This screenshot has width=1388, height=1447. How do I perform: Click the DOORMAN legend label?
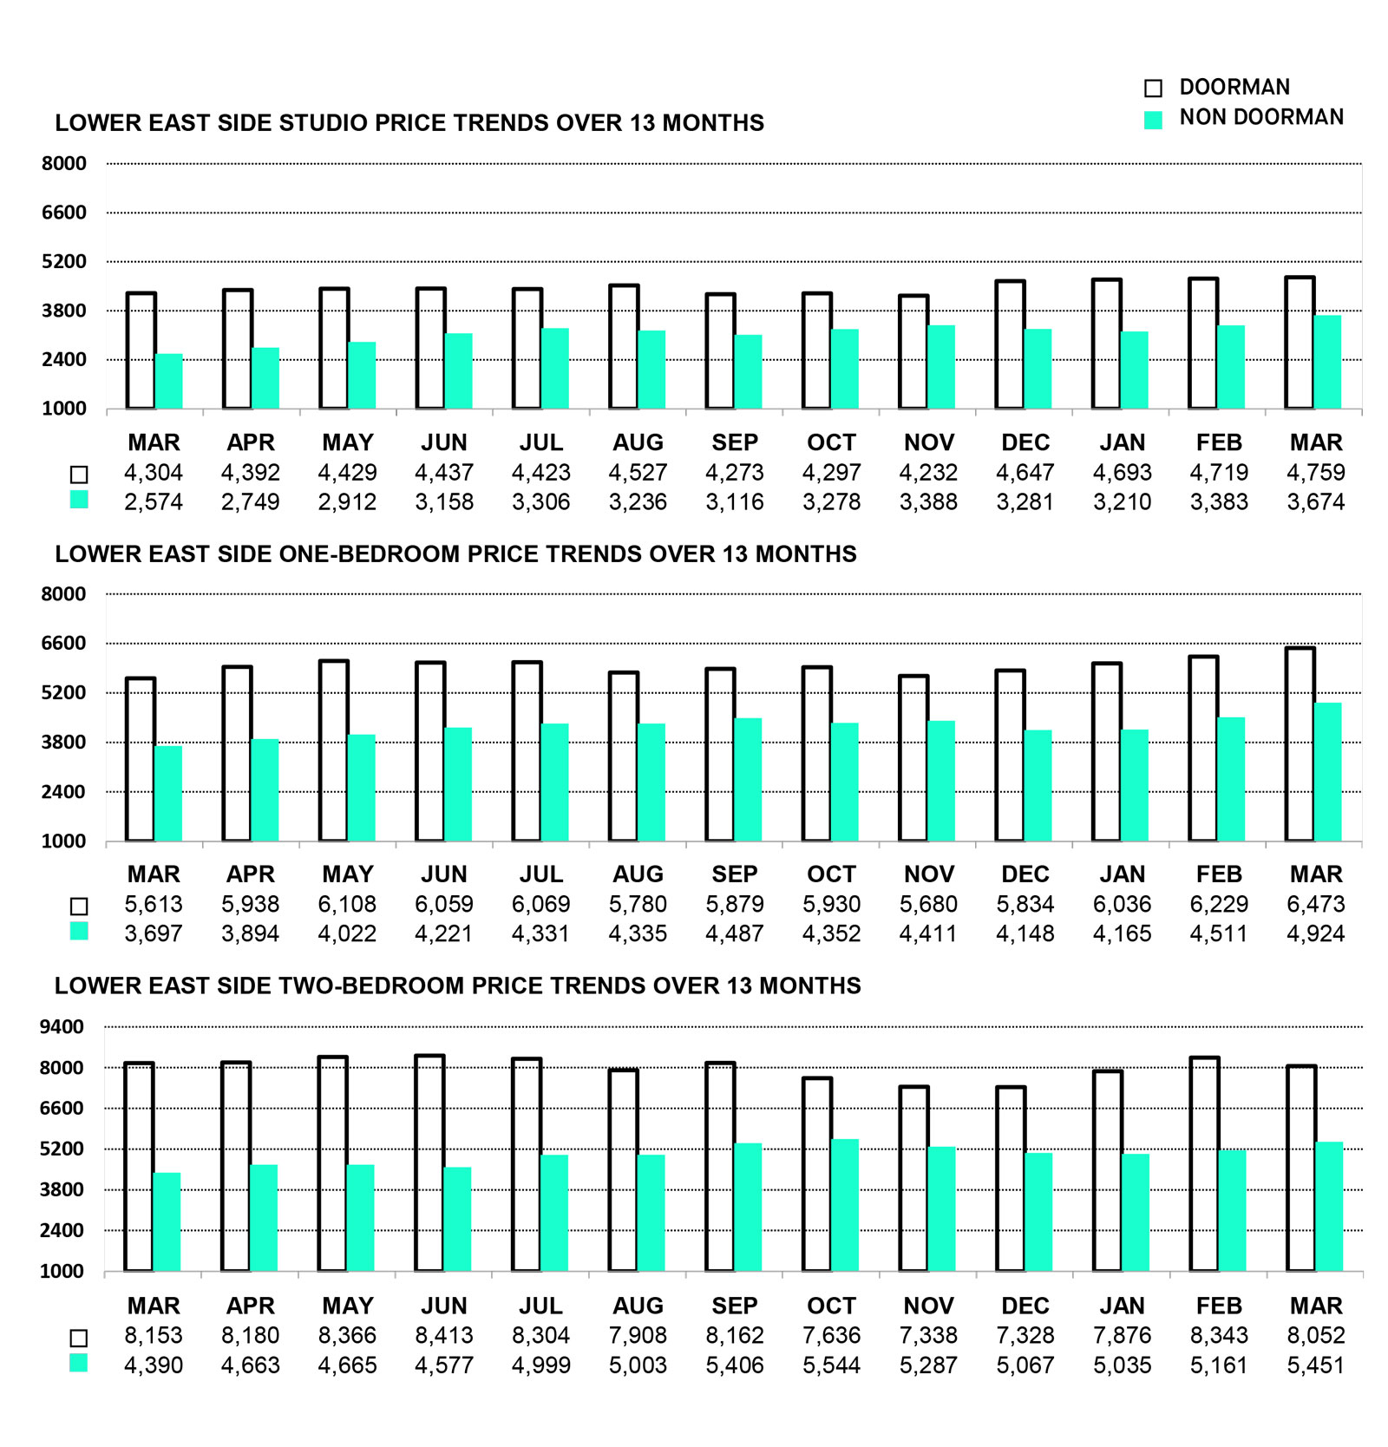coord(1234,87)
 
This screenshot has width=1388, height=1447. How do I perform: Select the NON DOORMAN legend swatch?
coord(1153,120)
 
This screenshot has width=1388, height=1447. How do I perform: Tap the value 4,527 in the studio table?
coord(638,473)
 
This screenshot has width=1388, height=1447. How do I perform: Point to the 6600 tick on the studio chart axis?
coord(64,213)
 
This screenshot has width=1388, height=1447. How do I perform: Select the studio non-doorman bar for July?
coord(554,369)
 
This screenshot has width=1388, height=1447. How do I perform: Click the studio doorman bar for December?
coord(1010,344)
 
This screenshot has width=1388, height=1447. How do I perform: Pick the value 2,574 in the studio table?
coord(154,502)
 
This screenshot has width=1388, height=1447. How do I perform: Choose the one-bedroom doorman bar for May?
coord(334,751)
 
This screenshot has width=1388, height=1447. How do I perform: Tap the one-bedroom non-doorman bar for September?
coord(748,780)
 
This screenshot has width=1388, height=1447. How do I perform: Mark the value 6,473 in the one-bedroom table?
coord(1315,904)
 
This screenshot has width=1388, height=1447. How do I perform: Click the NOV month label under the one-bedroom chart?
coord(928,874)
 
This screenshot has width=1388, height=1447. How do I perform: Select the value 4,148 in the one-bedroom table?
coord(1025,933)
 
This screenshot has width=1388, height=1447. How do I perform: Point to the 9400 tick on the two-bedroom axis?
coord(62,1027)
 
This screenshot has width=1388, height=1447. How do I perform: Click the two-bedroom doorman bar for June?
coord(429,1163)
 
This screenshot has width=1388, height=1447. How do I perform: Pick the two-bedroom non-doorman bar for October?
coord(845,1206)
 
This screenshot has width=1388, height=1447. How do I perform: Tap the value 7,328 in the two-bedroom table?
coord(1025,1335)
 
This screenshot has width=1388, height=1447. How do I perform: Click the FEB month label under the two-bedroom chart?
coord(1219,1306)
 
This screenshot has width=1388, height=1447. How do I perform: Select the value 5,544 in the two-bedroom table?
coord(831,1365)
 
